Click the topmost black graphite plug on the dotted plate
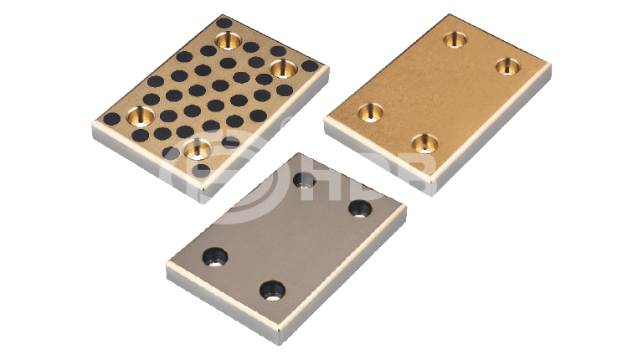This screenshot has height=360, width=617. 224,23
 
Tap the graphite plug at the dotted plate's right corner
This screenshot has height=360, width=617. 310,65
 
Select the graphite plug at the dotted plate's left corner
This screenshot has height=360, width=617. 111,118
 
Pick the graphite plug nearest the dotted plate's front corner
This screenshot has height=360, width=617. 201,170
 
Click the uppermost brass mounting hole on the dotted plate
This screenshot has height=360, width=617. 229,40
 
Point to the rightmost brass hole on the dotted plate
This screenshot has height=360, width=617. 283,69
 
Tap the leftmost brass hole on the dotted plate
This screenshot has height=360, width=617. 141,116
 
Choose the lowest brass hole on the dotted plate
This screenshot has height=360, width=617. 198,149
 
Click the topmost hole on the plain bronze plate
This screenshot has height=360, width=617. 455,39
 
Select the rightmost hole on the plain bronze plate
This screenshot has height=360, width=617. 508,66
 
